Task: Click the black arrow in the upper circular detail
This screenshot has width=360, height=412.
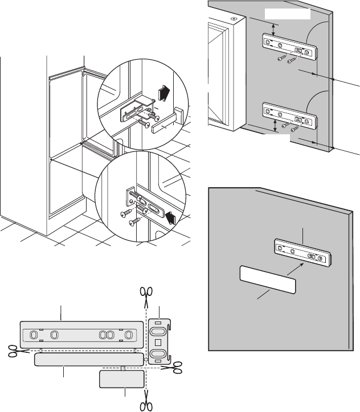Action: [x=164, y=91]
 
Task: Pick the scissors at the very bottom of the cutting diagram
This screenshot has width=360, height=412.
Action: [x=147, y=405]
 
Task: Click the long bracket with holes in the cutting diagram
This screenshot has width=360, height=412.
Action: [x=80, y=333]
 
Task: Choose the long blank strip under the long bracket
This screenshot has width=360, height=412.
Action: [x=88, y=359]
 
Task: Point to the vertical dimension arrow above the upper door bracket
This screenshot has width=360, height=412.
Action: [x=275, y=30]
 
